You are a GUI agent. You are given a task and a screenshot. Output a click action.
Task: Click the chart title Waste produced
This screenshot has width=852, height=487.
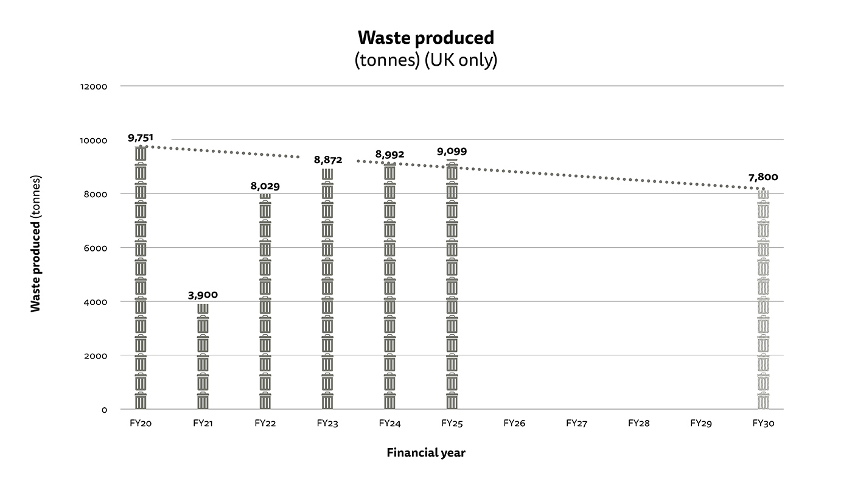pos(426,38)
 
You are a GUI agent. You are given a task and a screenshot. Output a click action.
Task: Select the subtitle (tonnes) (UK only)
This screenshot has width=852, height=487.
pos(426,61)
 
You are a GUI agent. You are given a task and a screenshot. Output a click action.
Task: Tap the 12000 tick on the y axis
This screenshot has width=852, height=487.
pos(94,86)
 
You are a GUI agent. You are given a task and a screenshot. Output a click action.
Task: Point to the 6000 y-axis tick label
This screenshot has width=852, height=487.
pos(96,248)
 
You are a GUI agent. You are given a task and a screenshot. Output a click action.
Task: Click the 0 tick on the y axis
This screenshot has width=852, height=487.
pos(104,410)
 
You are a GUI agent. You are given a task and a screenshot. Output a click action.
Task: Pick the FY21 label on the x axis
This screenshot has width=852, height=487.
pos(203,423)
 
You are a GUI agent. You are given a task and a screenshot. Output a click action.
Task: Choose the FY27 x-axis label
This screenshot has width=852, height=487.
pos(576,423)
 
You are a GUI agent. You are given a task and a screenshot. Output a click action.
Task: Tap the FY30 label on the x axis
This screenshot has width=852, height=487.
pos(763,423)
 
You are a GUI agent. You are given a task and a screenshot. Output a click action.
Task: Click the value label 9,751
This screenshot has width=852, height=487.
pos(141,138)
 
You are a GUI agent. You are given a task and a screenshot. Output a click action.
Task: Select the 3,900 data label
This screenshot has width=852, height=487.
pos(203,295)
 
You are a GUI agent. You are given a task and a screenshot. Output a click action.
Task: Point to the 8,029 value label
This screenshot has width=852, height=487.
pos(265,186)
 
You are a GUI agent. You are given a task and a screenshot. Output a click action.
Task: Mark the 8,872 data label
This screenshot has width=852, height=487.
pos(328,160)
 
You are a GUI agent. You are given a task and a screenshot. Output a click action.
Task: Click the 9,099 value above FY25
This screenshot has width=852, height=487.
pos(452,152)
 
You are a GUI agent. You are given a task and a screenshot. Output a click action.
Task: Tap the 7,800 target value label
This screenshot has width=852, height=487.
pos(763,177)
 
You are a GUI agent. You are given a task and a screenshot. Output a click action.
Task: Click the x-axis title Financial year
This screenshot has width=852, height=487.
pos(426,453)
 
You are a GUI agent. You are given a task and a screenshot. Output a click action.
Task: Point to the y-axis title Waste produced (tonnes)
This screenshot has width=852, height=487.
pos(36,243)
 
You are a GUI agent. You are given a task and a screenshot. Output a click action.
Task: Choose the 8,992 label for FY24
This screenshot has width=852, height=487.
pos(389,155)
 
